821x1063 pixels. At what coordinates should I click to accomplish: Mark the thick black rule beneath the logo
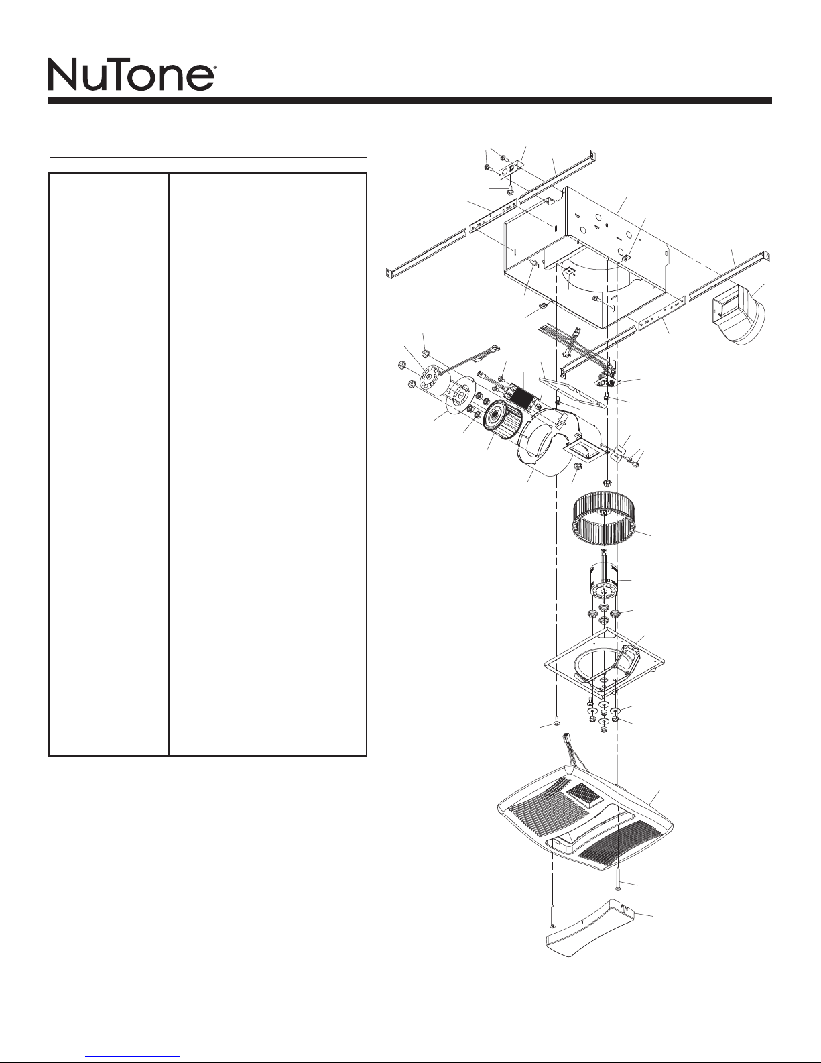[x=410, y=101]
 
